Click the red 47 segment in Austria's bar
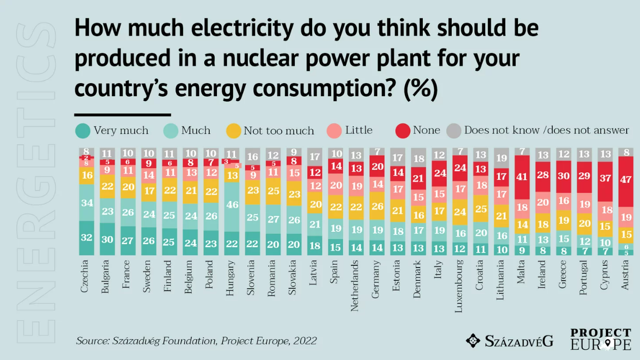click(626, 180)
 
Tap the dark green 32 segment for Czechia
click(87, 237)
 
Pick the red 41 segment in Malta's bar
click(522, 177)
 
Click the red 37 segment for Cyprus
click(605, 179)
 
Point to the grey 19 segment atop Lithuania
click(501, 158)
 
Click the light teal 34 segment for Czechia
click(87, 203)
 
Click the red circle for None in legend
click(403, 130)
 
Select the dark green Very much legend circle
click(82, 130)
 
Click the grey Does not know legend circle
click(453, 130)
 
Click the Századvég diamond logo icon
click(473, 340)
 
